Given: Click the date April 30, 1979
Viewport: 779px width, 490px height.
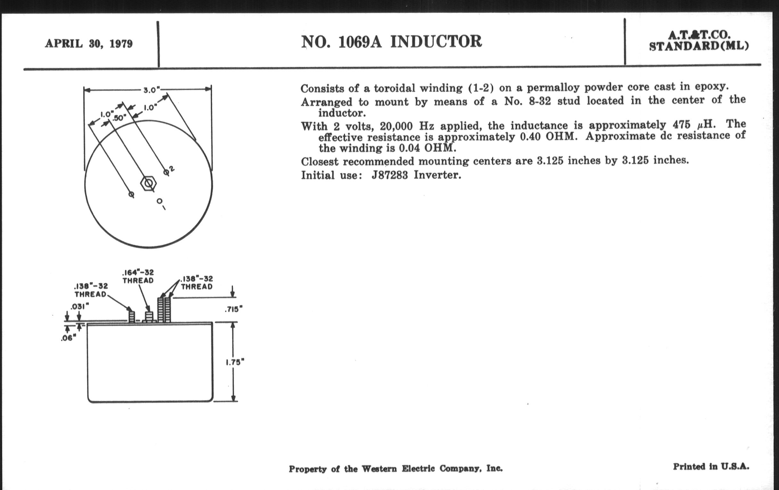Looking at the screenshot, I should point(89,44).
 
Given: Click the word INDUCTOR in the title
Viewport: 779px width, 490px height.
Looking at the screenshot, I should point(436,42).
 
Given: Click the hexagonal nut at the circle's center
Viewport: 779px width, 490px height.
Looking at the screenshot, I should point(149,184).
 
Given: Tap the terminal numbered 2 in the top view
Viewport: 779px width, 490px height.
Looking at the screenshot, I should point(166,172).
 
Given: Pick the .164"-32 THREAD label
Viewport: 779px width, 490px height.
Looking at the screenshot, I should point(138,276).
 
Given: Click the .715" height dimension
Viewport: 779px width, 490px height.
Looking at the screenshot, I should point(233,309).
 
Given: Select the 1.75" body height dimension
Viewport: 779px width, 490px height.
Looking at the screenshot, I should point(234,363).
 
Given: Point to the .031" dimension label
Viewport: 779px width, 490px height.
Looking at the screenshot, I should point(79,306).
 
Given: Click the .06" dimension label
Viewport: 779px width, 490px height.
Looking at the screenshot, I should point(69,339).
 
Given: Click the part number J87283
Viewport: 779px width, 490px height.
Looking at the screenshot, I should point(389,175).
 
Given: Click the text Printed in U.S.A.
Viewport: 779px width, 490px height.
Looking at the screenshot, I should point(711,467).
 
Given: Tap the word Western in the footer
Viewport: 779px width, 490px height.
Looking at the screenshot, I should point(379,469).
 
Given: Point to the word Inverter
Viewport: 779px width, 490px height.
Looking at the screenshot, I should point(437,175).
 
